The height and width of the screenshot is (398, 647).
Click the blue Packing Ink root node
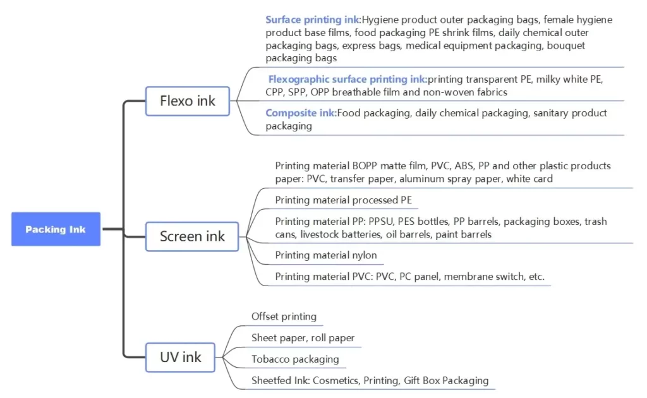point(56,229)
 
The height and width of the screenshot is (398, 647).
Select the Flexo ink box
point(187,101)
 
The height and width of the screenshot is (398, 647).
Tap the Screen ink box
point(192,236)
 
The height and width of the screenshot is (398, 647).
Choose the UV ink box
point(181,357)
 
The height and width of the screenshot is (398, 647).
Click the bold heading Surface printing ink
point(312,20)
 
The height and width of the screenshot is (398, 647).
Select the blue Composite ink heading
point(299,113)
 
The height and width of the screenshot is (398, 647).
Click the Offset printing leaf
point(284,317)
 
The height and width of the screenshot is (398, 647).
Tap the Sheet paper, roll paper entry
point(303,338)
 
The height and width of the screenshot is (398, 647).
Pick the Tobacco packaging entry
point(295,359)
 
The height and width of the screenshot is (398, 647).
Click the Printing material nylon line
point(325,255)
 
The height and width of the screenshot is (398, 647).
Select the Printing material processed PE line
point(343,200)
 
